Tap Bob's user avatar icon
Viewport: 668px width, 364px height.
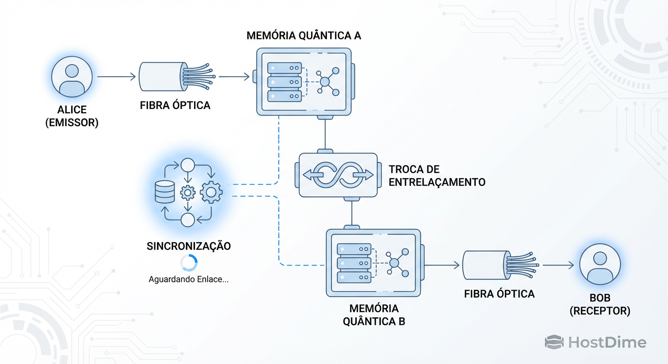click(600, 264)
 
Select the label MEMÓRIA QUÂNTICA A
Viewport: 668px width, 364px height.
click(304, 36)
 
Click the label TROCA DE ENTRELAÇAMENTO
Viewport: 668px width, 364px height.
click(436, 175)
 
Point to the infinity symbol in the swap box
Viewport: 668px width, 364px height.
click(338, 175)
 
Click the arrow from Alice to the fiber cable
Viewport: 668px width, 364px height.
click(116, 76)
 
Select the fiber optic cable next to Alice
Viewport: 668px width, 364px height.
click(176, 77)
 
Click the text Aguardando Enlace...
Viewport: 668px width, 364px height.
click(189, 279)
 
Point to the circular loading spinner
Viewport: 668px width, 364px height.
click(189, 263)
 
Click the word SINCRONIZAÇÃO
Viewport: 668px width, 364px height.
click(189, 246)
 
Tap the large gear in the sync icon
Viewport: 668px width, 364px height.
click(211, 192)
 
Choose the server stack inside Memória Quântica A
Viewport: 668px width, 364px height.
click(284, 82)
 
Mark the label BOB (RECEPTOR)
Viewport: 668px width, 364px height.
click(600, 305)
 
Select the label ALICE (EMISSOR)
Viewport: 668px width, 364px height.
click(72, 117)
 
